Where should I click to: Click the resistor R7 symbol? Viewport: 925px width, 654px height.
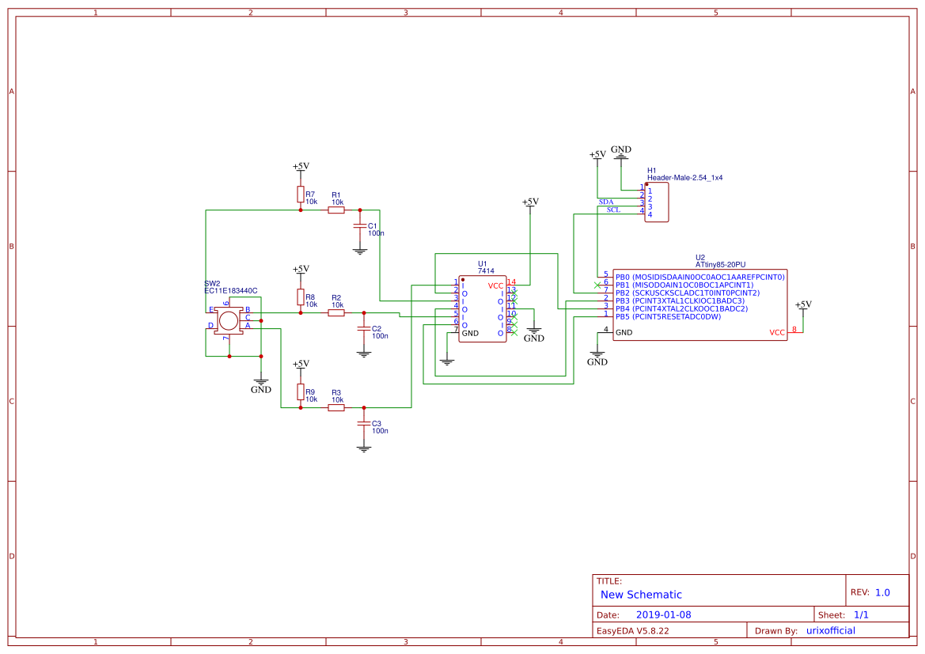pos(301,195)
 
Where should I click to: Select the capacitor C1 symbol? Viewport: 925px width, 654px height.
pos(360,226)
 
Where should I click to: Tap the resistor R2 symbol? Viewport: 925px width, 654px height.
pos(336,313)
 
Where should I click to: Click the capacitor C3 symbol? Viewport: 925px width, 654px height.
pos(364,424)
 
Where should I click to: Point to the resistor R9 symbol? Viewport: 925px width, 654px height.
pos(301,391)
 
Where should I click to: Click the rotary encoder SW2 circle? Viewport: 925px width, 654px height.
pos(229,320)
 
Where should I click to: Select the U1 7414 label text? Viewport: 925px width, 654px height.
pos(486,270)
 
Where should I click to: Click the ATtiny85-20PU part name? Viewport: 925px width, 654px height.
pos(720,265)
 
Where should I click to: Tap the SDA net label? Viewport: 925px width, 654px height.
pos(606,202)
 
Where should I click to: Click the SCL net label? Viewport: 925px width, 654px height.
pos(613,210)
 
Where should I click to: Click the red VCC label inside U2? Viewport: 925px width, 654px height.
pos(777,333)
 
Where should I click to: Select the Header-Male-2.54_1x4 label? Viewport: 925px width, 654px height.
pos(684,178)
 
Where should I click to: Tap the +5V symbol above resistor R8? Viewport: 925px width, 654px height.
pos(301,270)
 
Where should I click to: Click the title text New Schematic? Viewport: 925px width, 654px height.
pos(641,595)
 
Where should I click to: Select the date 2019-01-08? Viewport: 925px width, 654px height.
pos(663,614)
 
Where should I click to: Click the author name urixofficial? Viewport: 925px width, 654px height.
pos(830,630)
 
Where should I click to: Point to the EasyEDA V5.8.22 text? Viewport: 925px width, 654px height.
pos(632,630)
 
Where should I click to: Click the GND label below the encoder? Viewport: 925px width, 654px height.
pos(261,389)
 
